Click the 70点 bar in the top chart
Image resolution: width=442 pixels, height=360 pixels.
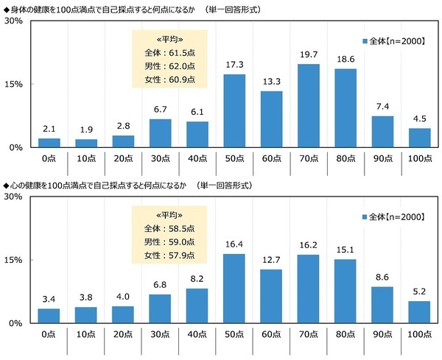(308, 106)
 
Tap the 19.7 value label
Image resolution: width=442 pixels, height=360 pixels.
(308, 55)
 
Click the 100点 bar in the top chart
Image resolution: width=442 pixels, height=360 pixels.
(419, 138)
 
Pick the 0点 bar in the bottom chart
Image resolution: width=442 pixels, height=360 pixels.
(49, 316)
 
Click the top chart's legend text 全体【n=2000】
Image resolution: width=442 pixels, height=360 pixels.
(396, 41)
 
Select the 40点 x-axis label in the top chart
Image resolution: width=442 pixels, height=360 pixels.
(197, 158)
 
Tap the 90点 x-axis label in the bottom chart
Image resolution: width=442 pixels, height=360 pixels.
(382, 333)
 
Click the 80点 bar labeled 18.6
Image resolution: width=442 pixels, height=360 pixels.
(345, 108)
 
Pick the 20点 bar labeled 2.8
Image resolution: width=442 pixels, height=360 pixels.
(123, 141)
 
